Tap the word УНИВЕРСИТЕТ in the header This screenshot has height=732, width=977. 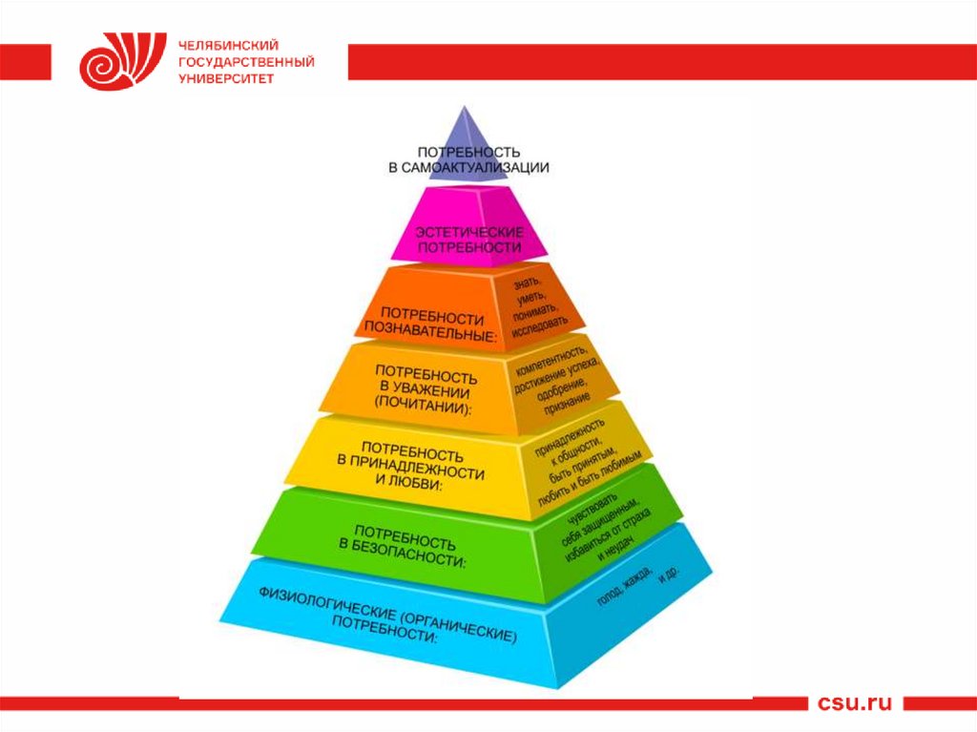click(226, 78)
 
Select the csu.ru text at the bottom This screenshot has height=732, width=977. click(854, 703)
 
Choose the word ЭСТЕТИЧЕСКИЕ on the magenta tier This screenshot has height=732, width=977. click(468, 232)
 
